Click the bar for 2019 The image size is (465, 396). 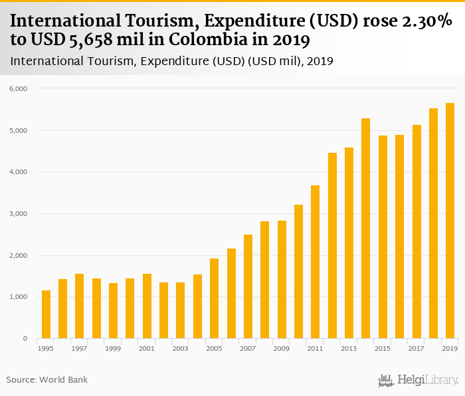[x=450, y=221]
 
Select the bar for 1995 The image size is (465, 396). [x=46, y=314]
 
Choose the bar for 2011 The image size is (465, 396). [x=315, y=262]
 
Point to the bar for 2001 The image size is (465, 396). [x=147, y=306]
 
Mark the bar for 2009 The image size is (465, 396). [x=282, y=280]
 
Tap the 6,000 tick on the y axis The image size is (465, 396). [x=17, y=88]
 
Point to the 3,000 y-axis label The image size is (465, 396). [x=17, y=214]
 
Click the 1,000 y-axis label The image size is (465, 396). [x=17, y=297]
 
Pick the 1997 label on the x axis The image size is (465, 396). [x=79, y=349]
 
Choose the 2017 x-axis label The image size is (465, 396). [x=416, y=349]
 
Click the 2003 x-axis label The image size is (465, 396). [x=180, y=349]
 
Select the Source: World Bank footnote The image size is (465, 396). [x=47, y=379]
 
